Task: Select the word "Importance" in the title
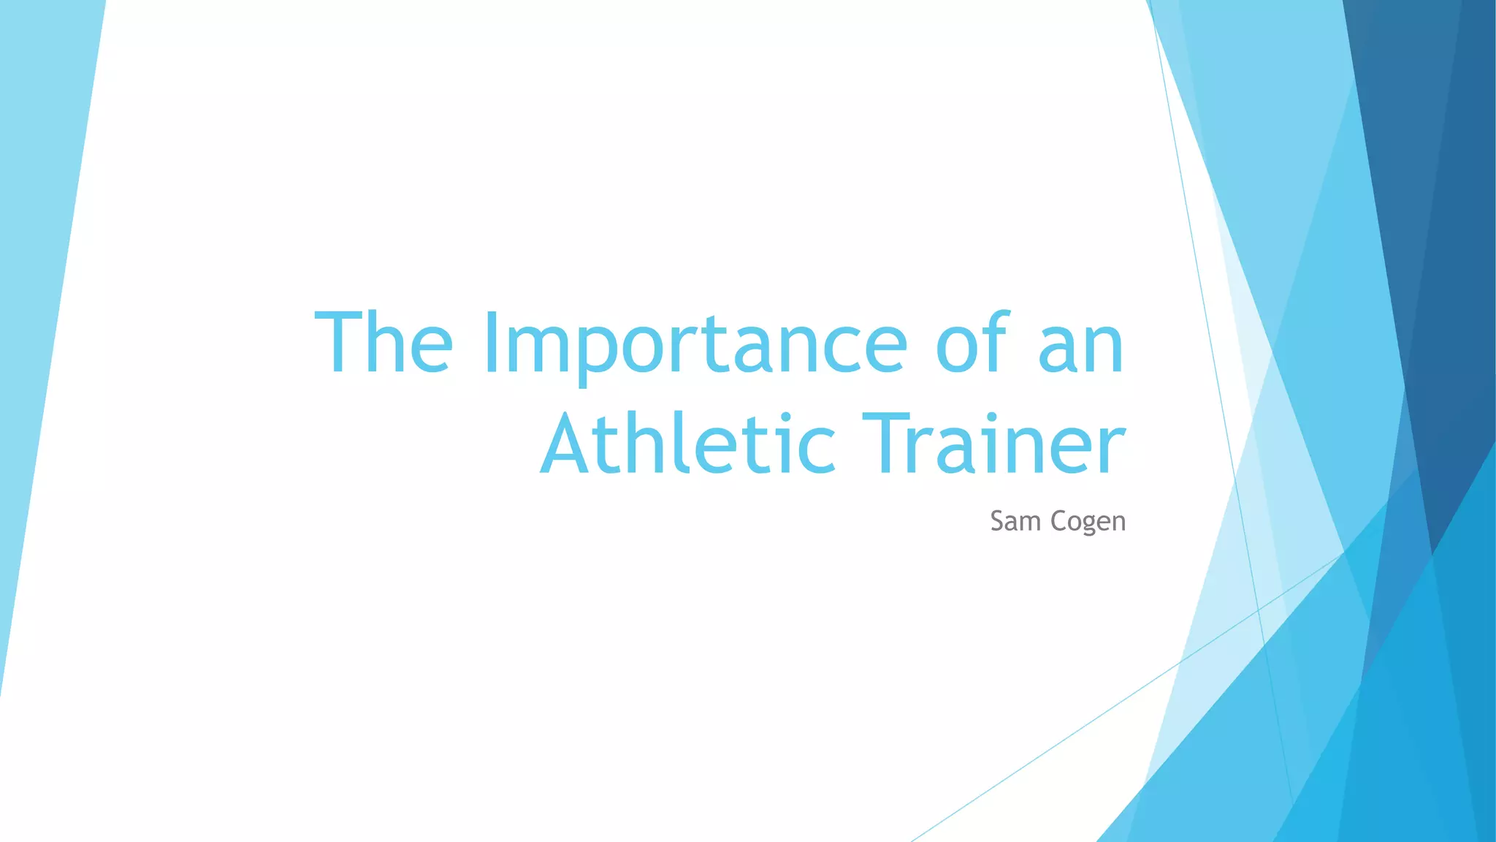(x=695, y=344)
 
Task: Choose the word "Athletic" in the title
(x=687, y=443)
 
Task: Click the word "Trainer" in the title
(x=993, y=443)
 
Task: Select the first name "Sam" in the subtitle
(x=1015, y=521)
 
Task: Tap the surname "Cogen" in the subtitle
(x=1088, y=522)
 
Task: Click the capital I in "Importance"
(x=491, y=342)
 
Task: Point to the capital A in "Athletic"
(x=570, y=443)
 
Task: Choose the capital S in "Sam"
(x=998, y=521)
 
